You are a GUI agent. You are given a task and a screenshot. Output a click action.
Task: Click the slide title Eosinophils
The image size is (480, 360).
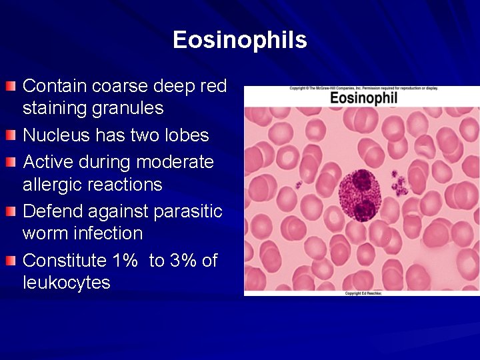tap(239, 40)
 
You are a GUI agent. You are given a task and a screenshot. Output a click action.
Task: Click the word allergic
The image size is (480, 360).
tap(53, 185)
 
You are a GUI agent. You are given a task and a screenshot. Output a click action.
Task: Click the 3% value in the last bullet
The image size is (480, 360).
tap(183, 260)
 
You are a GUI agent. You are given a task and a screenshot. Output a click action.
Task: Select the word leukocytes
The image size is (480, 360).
tap(66, 283)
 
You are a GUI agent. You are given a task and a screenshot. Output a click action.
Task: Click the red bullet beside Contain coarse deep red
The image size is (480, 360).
tap(10, 86)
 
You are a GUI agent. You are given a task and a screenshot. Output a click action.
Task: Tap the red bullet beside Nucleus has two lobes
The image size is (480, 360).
tap(10, 135)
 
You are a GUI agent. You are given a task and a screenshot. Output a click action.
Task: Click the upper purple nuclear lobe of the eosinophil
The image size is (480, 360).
tap(361, 181)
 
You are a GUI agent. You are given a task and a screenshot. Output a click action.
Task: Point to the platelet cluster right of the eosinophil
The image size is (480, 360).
tap(399, 183)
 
